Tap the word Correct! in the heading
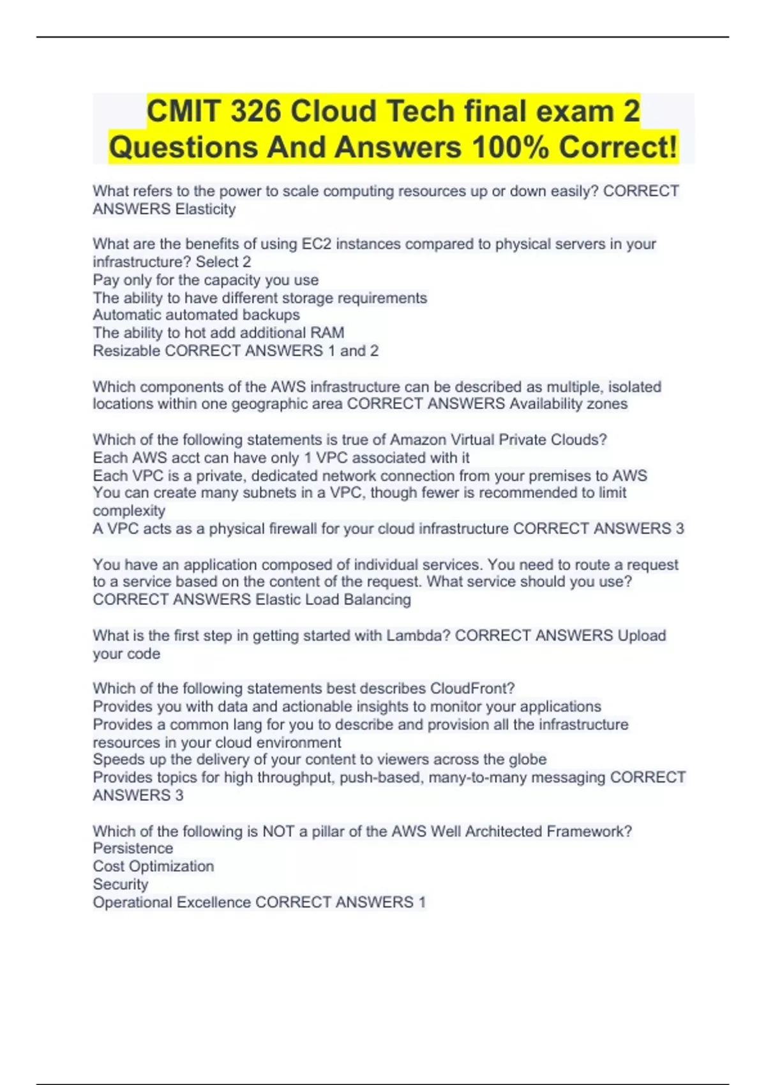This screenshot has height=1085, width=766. point(617,147)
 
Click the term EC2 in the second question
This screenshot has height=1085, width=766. point(316,244)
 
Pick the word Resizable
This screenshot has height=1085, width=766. point(126,350)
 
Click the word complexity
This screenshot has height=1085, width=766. point(129,511)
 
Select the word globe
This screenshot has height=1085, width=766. point(527,759)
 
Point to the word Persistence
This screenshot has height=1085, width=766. point(133,848)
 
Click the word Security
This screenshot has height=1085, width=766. point(121,884)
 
